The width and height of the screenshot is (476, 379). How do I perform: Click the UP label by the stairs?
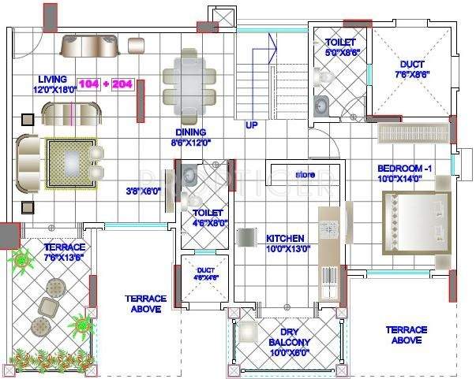pyautogui.click(x=251, y=125)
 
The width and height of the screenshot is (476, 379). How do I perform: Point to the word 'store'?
pyautogui.click(x=305, y=174)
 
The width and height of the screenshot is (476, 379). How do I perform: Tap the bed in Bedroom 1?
pyautogui.click(x=417, y=224)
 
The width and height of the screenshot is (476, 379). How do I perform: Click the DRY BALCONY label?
pyautogui.click(x=288, y=337)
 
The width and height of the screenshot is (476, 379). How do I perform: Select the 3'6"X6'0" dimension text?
pyautogui.click(x=142, y=191)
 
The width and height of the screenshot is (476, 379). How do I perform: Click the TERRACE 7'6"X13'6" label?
pyautogui.click(x=64, y=252)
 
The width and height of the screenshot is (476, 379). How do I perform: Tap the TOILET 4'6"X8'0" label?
pyautogui.click(x=204, y=217)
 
